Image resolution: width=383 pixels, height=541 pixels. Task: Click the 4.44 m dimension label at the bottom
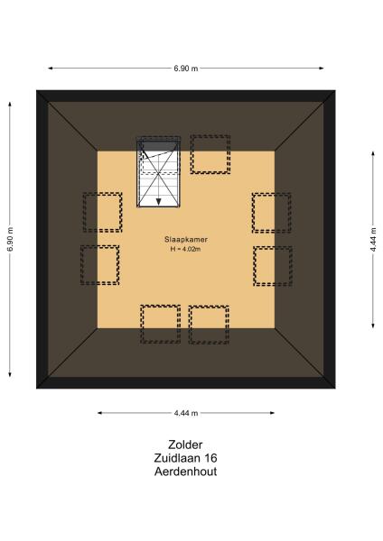coord(186,413)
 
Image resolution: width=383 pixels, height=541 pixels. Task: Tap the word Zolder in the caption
coord(185,444)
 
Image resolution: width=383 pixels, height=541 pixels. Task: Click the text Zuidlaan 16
coord(185,457)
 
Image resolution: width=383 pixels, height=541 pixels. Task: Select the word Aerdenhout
coord(185,471)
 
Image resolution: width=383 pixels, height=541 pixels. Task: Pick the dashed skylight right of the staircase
coord(210,154)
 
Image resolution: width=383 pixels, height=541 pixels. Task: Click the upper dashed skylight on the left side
coord(102,212)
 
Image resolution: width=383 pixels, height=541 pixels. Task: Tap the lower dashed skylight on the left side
coord(99,265)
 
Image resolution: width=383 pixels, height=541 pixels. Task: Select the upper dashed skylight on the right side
coord(271,212)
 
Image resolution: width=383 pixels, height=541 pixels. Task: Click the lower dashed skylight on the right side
coord(273,265)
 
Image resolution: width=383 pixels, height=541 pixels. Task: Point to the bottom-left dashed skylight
coord(160,325)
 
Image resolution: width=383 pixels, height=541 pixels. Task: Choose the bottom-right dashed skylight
coord(209,325)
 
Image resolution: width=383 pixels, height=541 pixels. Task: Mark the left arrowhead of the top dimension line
coord(51,68)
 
